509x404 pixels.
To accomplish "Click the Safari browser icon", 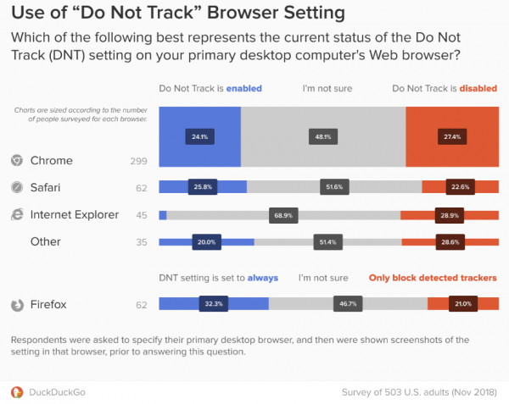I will [x=16, y=188].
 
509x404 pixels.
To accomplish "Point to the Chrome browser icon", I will [x=16, y=161].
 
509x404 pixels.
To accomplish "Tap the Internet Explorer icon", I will [x=16, y=215].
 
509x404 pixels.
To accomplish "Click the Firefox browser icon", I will [x=16, y=305].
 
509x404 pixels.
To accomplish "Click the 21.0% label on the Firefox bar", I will [x=463, y=304].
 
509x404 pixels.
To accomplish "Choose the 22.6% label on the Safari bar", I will [x=459, y=188].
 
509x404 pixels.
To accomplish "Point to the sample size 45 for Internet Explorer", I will [x=142, y=215].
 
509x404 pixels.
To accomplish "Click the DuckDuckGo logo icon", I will [x=16, y=392].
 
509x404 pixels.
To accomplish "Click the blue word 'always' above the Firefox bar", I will [x=262, y=277].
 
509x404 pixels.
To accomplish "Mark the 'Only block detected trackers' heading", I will [x=433, y=277].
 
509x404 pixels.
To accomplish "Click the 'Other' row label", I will [x=45, y=241].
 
